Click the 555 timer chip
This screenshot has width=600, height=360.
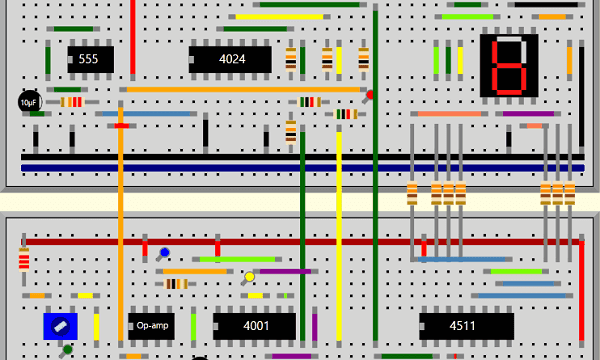[88, 59]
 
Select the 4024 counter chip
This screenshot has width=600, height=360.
[231, 59]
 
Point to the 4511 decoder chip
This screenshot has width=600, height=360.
[465, 326]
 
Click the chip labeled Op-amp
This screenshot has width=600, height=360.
[152, 326]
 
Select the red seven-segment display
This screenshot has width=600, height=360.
[509, 66]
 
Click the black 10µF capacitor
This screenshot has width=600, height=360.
[29, 102]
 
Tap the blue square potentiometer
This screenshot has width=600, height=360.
[60, 326]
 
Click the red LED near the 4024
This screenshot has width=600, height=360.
[370, 95]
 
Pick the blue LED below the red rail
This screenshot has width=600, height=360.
[165, 253]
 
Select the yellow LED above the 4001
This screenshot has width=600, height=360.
[249, 277]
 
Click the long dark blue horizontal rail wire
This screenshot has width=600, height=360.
[300, 167]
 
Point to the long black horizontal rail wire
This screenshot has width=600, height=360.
[300, 157]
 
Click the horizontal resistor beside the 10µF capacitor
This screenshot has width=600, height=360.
[71, 102]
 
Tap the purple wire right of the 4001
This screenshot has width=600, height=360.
[314, 326]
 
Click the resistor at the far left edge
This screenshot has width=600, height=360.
[24, 262]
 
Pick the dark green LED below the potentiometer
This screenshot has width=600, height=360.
[67, 349]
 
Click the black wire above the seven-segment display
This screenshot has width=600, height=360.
[540, 5]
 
